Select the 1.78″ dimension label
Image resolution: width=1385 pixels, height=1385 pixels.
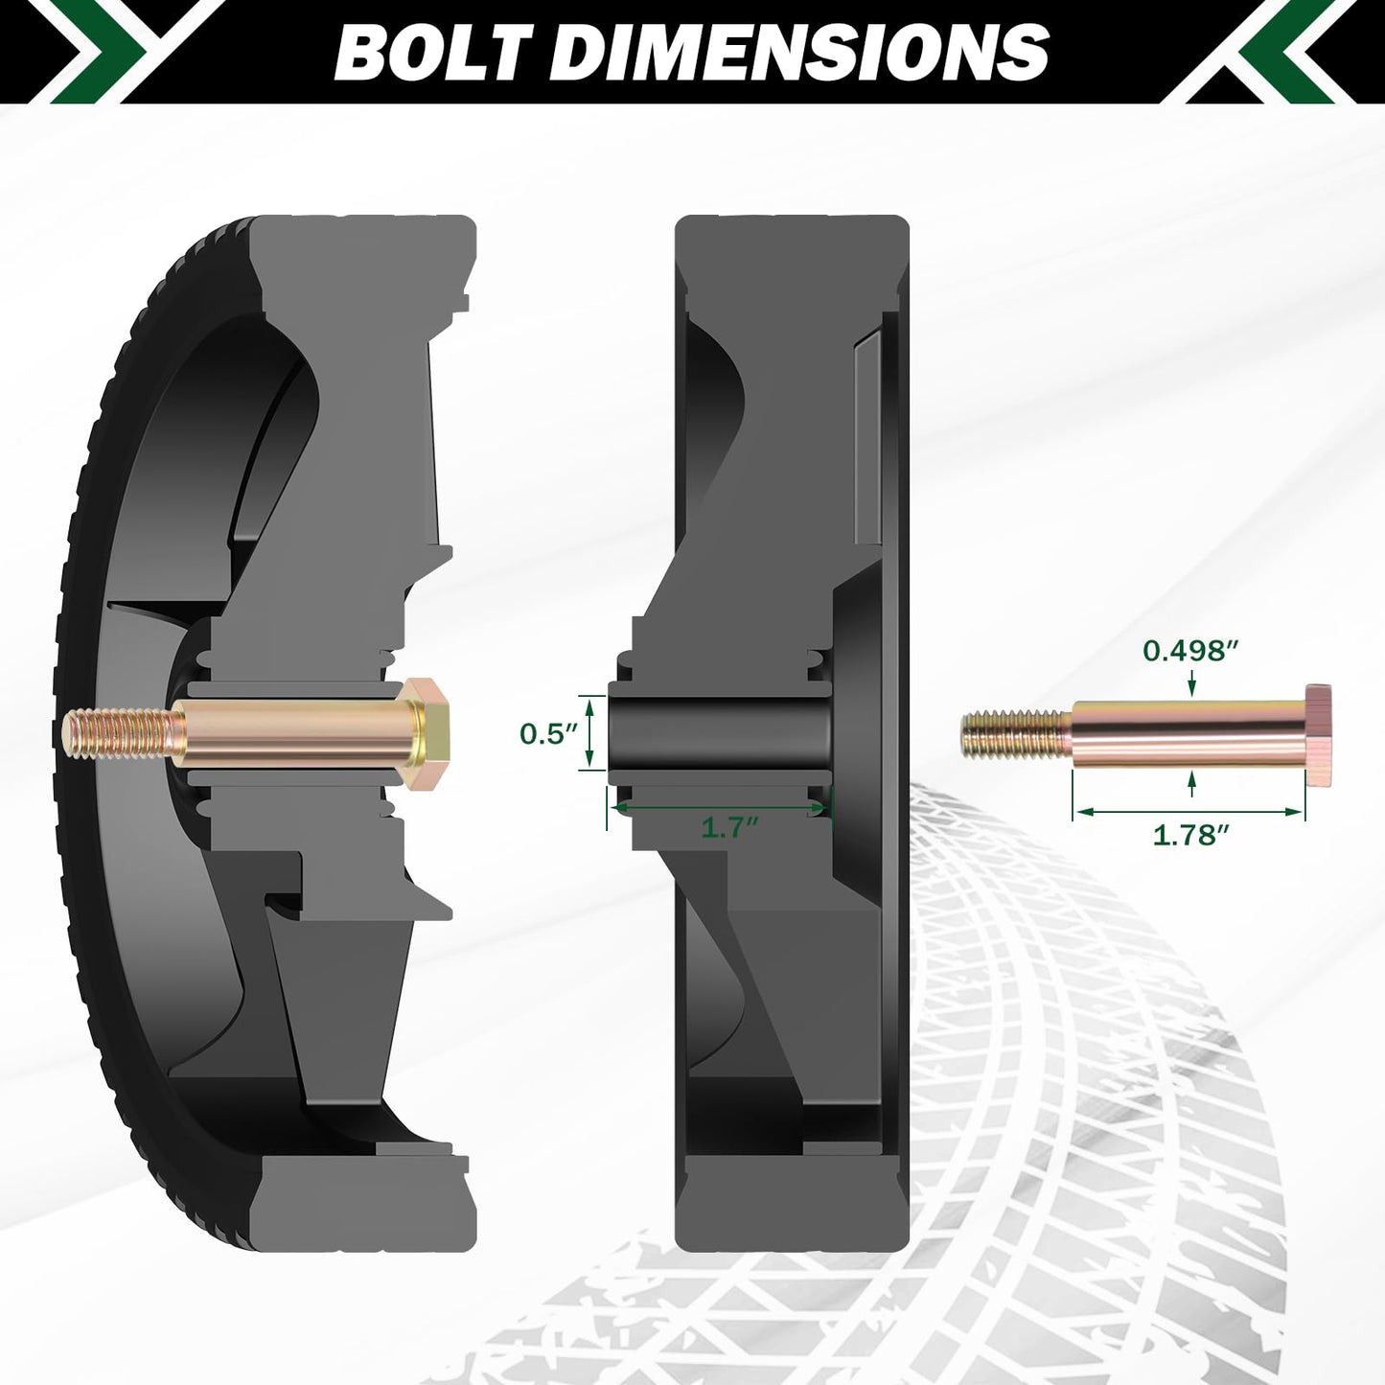(x=1190, y=835)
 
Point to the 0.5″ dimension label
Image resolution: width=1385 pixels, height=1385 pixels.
(x=548, y=734)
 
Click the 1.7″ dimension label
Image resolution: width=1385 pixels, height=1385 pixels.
(x=729, y=827)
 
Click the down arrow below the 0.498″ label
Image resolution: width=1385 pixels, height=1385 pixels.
(x=1191, y=684)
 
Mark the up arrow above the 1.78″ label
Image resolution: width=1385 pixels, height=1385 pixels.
(x=1191, y=784)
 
